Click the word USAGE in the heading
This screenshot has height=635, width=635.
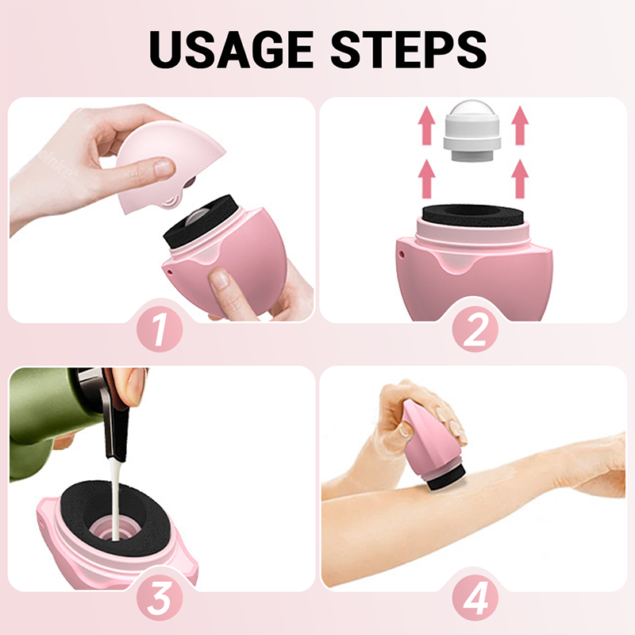(x=231, y=50)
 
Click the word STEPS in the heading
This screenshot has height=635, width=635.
(x=409, y=50)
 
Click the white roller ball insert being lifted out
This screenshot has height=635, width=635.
(x=471, y=130)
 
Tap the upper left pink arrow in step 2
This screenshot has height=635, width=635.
(x=426, y=125)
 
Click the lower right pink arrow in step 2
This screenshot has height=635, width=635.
(x=520, y=179)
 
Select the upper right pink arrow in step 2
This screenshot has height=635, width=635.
(x=520, y=125)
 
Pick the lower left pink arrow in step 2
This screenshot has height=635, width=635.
(x=426, y=179)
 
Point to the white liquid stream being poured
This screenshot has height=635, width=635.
(x=115, y=498)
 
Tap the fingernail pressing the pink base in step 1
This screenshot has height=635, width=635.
(x=220, y=279)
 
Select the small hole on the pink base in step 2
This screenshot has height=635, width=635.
(x=402, y=254)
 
